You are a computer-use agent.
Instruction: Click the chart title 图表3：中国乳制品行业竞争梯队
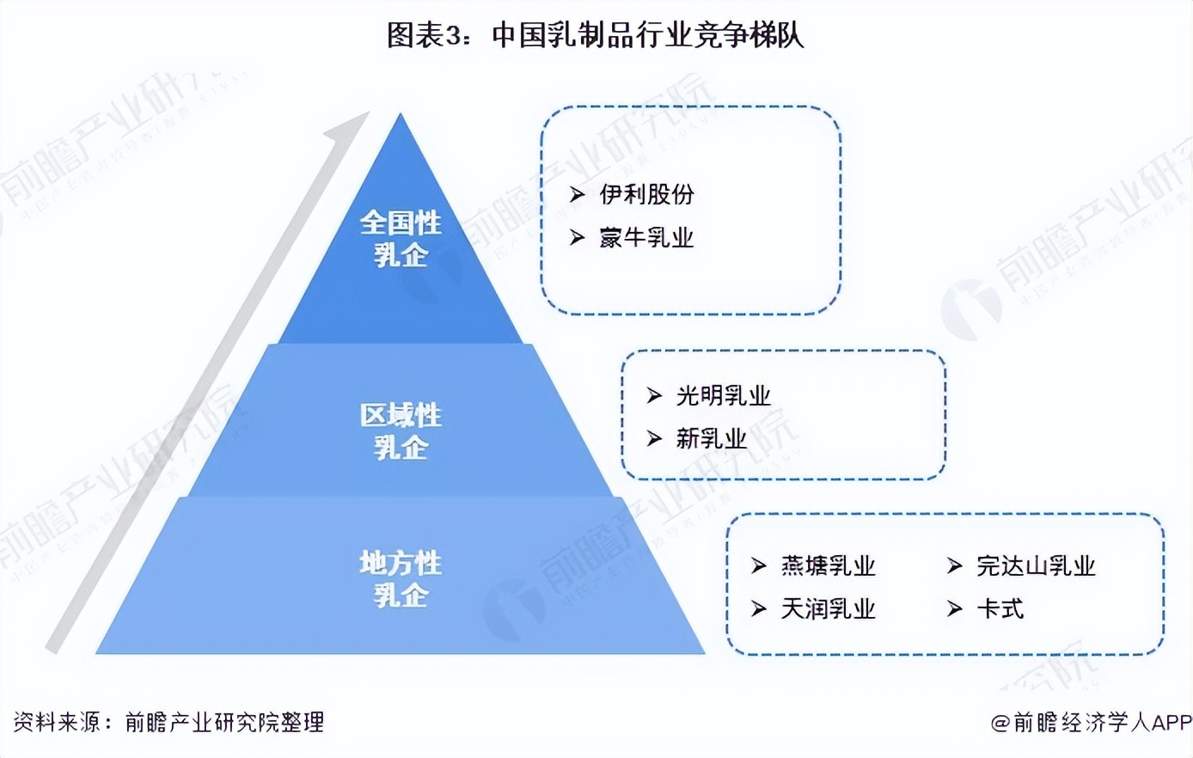(x=595, y=36)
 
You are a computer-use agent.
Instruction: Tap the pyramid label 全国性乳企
(x=401, y=238)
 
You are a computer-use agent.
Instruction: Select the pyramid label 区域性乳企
(x=401, y=431)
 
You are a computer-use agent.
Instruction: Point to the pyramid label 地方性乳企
(x=401, y=578)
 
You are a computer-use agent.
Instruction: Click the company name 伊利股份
(x=646, y=194)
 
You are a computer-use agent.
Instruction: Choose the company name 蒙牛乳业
(x=646, y=237)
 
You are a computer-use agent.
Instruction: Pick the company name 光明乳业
(x=723, y=395)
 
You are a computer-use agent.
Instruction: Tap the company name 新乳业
(x=711, y=438)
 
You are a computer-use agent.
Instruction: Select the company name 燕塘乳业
(x=828, y=565)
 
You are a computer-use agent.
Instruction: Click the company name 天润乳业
(x=828, y=608)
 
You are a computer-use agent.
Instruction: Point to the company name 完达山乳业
(x=1036, y=565)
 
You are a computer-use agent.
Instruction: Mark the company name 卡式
(x=1000, y=608)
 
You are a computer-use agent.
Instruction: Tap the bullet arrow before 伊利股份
(x=577, y=195)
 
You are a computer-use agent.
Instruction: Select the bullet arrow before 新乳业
(x=654, y=438)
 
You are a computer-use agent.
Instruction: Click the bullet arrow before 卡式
(x=954, y=609)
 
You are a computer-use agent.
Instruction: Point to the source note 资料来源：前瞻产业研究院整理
(x=168, y=722)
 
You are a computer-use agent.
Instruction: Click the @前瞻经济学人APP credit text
(x=1091, y=723)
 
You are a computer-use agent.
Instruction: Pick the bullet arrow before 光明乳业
(x=654, y=395)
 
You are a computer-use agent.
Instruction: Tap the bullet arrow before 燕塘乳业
(x=758, y=565)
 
